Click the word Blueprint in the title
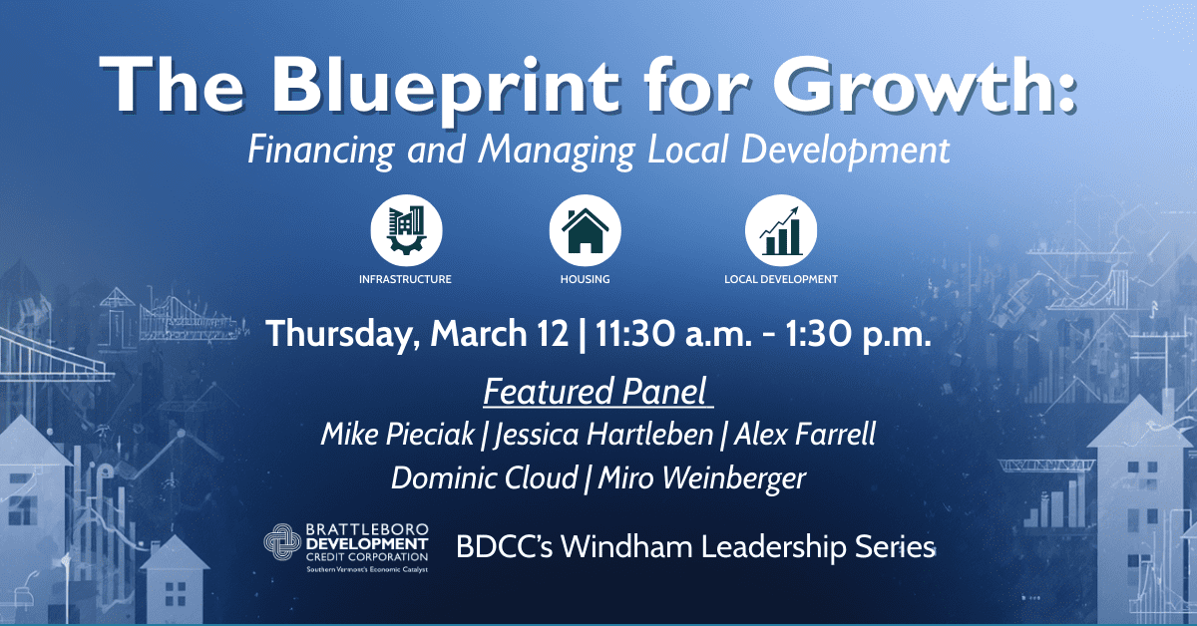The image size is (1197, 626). tap(445, 88)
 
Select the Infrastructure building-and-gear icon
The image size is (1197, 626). tap(407, 230)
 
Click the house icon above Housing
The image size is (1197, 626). tap(586, 230)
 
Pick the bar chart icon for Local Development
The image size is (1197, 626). tap(781, 230)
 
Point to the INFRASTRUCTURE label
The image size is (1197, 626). tap(405, 279)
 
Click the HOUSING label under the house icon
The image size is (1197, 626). tap(586, 279)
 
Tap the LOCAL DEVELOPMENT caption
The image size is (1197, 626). tap(781, 279)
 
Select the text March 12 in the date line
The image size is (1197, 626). tap(499, 333)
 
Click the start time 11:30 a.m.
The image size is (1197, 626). tap(674, 333)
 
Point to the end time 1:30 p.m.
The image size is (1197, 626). tap(858, 334)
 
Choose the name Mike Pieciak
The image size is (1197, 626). tap(398, 434)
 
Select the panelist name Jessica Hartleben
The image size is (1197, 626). tap(603, 435)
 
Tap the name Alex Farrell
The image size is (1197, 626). tap(805, 434)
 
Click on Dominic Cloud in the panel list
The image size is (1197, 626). tap(485, 477)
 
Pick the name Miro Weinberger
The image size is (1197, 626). tap(702, 478)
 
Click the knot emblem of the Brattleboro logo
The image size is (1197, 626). tap(282, 541)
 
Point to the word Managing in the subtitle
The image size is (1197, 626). tap(557, 151)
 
